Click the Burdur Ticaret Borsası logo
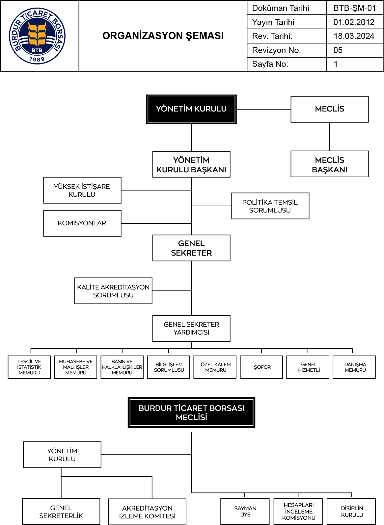coord(37,36)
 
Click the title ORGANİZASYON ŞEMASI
coord(163,36)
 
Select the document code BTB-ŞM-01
coord(355,8)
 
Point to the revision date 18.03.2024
coord(354,36)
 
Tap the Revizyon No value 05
coord(338,50)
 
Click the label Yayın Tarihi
coord(273,22)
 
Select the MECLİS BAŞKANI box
coord(329,164)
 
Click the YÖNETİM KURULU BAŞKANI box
coord(191,164)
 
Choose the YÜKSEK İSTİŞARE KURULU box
coord(82,190)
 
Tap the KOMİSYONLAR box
coord(82,223)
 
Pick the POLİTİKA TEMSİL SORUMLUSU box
coord(270,206)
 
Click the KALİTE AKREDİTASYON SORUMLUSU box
coord(113,291)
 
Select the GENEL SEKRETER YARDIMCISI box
coord(191,328)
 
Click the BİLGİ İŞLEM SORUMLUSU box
coord(169,367)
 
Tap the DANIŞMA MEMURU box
coord(354,367)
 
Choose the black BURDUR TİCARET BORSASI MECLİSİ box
coord(191,413)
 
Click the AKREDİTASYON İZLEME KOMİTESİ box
coord(147,512)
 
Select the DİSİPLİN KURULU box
coord(351,512)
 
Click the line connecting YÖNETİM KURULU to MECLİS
coord(263,109)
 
